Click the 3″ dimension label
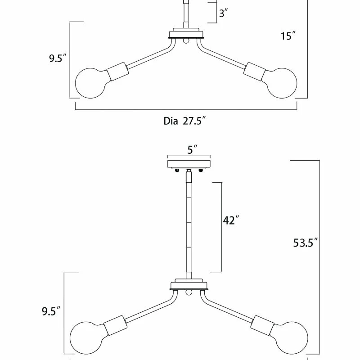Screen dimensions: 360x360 coord(223,13)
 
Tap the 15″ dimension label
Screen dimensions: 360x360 coord(288,36)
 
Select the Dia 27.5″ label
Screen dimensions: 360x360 coord(185,121)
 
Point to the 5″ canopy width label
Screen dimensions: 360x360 coord(192,150)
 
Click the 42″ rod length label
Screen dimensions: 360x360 coord(230,220)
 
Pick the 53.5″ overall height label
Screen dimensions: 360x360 coord(305,243)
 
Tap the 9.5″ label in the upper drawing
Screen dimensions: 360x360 coord(58,59)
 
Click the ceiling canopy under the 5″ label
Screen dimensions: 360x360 coord(189,163)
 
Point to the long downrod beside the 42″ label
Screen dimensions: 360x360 coord(188,225)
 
